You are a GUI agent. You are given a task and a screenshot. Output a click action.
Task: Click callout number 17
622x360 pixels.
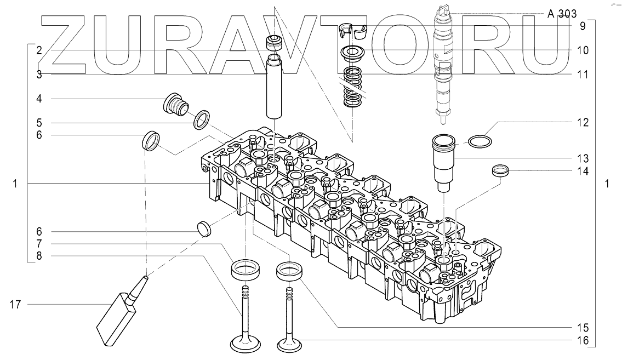click(x=15, y=305)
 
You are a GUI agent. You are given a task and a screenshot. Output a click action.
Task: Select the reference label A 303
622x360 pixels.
click(x=562, y=14)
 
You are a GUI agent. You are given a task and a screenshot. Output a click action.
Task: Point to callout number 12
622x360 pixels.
click(x=583, y=123)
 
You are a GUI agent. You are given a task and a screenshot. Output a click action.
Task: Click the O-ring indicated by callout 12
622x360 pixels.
click(x=480, y=141)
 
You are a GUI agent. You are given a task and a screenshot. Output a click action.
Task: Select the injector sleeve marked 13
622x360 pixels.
click(x=443, y=163)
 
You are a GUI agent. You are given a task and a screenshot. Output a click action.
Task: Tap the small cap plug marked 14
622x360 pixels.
click(x=500, y=170)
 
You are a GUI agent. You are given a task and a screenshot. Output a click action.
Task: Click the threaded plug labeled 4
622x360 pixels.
click(x=176, y=105)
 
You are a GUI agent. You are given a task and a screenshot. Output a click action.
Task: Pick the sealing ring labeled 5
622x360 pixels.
click(x=202, y=120)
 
